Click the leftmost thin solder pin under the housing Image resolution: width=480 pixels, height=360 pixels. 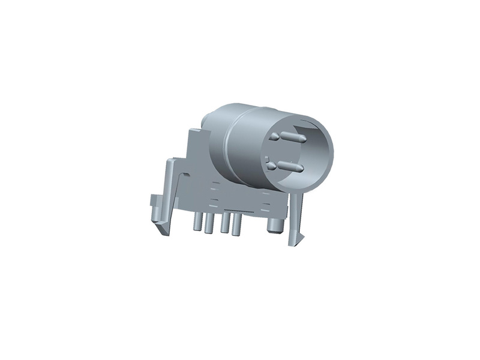196,223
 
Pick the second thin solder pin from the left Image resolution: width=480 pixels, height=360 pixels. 209,224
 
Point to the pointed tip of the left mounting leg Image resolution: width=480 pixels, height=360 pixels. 161,229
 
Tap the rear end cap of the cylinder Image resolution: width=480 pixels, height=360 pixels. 207,119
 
